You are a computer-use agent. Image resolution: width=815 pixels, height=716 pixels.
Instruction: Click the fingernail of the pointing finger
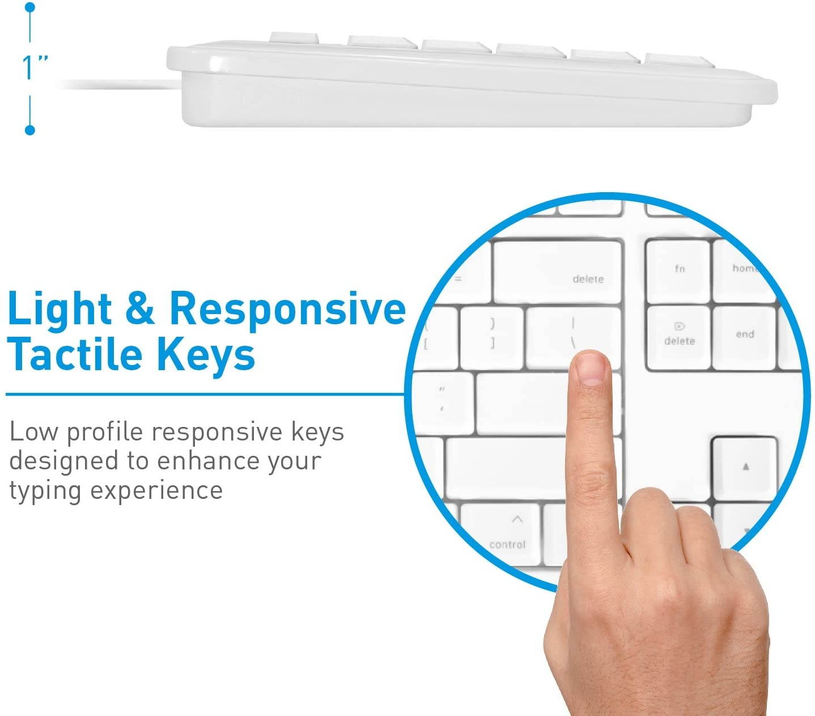(590, 371)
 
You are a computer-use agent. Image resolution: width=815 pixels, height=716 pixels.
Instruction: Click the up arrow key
(745, 468)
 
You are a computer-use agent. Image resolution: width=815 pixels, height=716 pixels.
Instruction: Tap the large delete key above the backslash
(558, 272)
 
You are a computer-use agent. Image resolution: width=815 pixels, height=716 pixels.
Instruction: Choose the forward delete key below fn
(678, 338)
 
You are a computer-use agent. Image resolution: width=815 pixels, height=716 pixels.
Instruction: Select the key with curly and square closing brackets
(491, 338)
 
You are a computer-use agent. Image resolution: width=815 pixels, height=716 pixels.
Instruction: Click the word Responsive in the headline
(287, 310)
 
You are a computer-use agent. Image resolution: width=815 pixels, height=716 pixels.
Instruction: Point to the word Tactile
(74, 354)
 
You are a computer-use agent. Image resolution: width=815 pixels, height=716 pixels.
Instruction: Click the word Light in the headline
(60, 310)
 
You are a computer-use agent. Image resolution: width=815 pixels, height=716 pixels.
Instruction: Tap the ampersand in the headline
(139, 310)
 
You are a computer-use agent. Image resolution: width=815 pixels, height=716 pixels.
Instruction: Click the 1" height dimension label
(33, 67)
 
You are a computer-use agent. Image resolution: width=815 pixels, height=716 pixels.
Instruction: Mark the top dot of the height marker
(30, 8)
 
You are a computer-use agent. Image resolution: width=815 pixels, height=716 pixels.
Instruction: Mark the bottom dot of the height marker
(30, 130)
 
